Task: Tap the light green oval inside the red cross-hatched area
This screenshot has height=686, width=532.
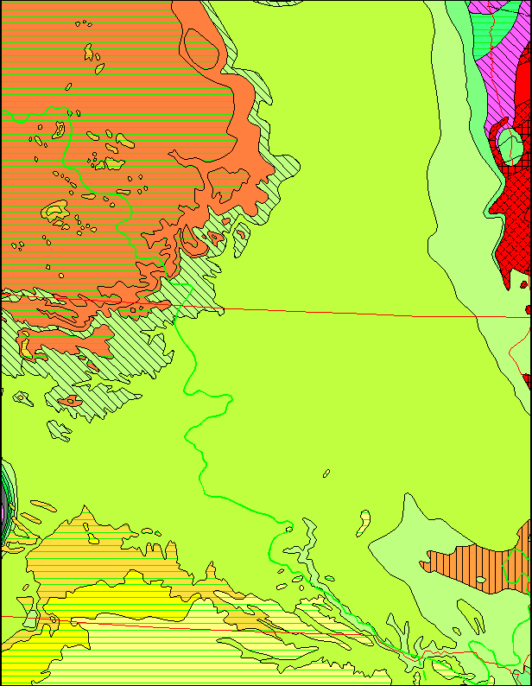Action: pyautogui.click(x=510, y=143)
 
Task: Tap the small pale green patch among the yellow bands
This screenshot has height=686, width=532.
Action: pyautogui.click(x=31, y=619)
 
